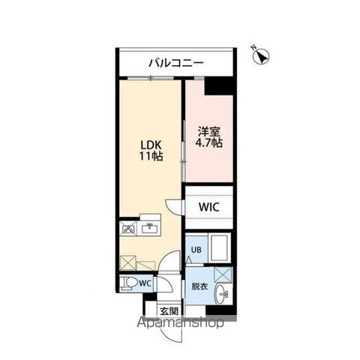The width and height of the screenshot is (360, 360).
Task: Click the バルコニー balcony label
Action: click(x=175, y=62)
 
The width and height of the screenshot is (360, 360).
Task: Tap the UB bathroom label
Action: click(x=195, y=250)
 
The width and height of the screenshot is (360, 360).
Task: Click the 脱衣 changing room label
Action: click(x=198, y=286)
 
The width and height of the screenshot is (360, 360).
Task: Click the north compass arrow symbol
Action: click(x=263, y=55)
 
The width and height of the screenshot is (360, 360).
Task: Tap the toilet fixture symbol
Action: click(x=129, y=283)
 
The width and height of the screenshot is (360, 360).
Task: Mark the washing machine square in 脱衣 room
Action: click(x=223, y=274)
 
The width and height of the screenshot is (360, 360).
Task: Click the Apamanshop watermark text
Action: click(x=180, y=324)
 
